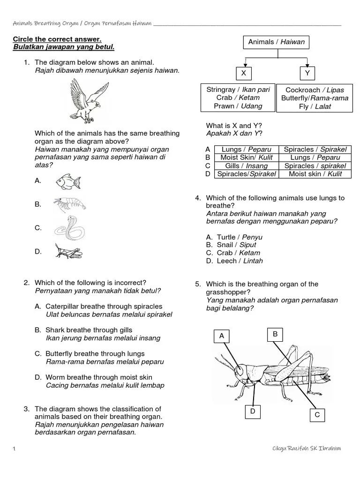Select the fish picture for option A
68,181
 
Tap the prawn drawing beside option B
69,205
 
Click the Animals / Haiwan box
276,42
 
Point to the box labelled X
243,74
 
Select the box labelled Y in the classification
307,74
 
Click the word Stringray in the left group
221,90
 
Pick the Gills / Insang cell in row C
246,166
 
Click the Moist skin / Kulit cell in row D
315,174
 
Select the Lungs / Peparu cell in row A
246,150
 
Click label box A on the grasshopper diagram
222,336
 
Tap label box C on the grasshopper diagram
317,415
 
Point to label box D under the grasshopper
252,411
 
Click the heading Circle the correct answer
57,39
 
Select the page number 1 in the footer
14,449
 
